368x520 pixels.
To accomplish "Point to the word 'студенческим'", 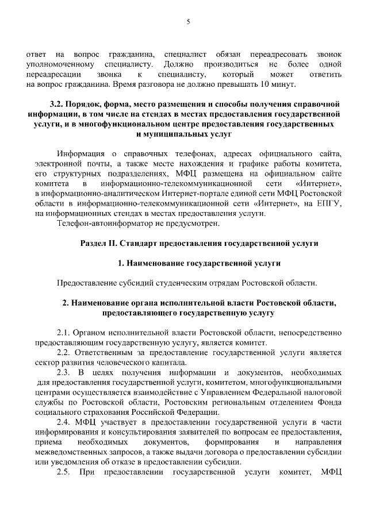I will coord(170,283).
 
